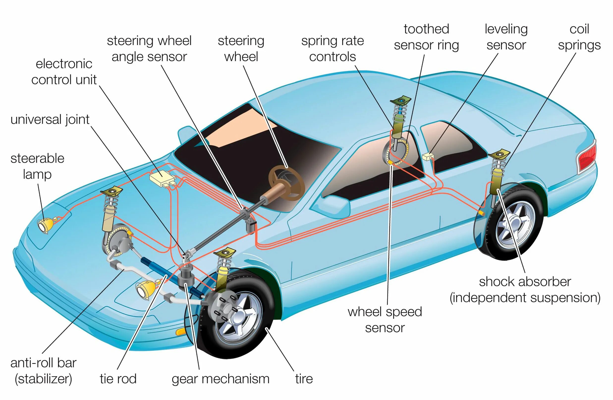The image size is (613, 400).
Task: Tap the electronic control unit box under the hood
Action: click(162, 178)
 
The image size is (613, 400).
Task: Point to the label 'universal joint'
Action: click(50, 120)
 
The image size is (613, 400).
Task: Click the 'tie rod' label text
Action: click(118, 379)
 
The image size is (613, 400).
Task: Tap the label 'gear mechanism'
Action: click(221, 379)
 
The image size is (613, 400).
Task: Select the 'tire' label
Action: click(304, 379)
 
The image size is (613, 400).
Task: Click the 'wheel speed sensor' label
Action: click(385, 320)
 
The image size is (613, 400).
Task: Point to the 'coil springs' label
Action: click(579, 37)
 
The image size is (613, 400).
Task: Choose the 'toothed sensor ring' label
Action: click(426, 37)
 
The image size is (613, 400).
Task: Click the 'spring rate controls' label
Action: click(333, 49)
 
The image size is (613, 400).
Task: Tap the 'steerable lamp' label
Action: click(37, 166)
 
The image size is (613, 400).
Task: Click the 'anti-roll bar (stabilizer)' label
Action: click(44, 371)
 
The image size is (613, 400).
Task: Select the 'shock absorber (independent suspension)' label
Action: click(525, 290)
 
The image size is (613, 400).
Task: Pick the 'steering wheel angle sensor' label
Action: click(149, 49)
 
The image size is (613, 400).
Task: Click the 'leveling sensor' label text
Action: click(506, 37)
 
